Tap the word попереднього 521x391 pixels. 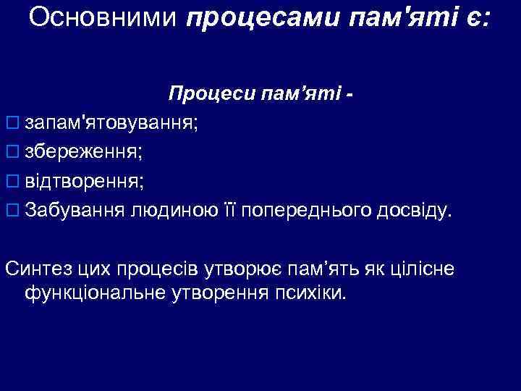coord(309,211)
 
